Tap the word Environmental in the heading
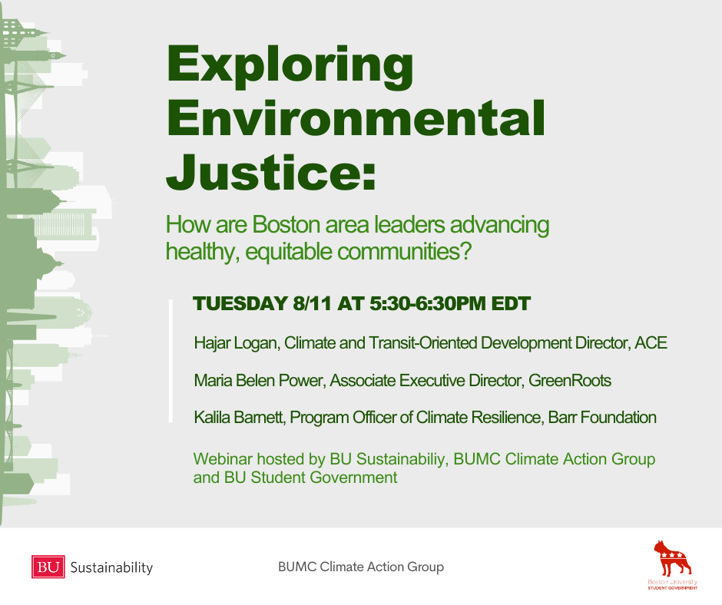click(356, 118)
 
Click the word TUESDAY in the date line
click(240, 303)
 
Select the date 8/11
click(312, 303)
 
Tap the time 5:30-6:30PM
click(428, 303)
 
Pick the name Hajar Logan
click(237, 343)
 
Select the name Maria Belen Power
click(260, 381)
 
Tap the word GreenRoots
click(570, 381)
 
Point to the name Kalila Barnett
click(240, 418)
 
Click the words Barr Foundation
click(602, 418)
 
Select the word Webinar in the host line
click(223, 459)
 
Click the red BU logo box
click(48, 567)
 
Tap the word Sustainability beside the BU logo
click(111, 567)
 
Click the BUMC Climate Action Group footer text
click(361, 567)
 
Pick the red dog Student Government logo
click(673, 564)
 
